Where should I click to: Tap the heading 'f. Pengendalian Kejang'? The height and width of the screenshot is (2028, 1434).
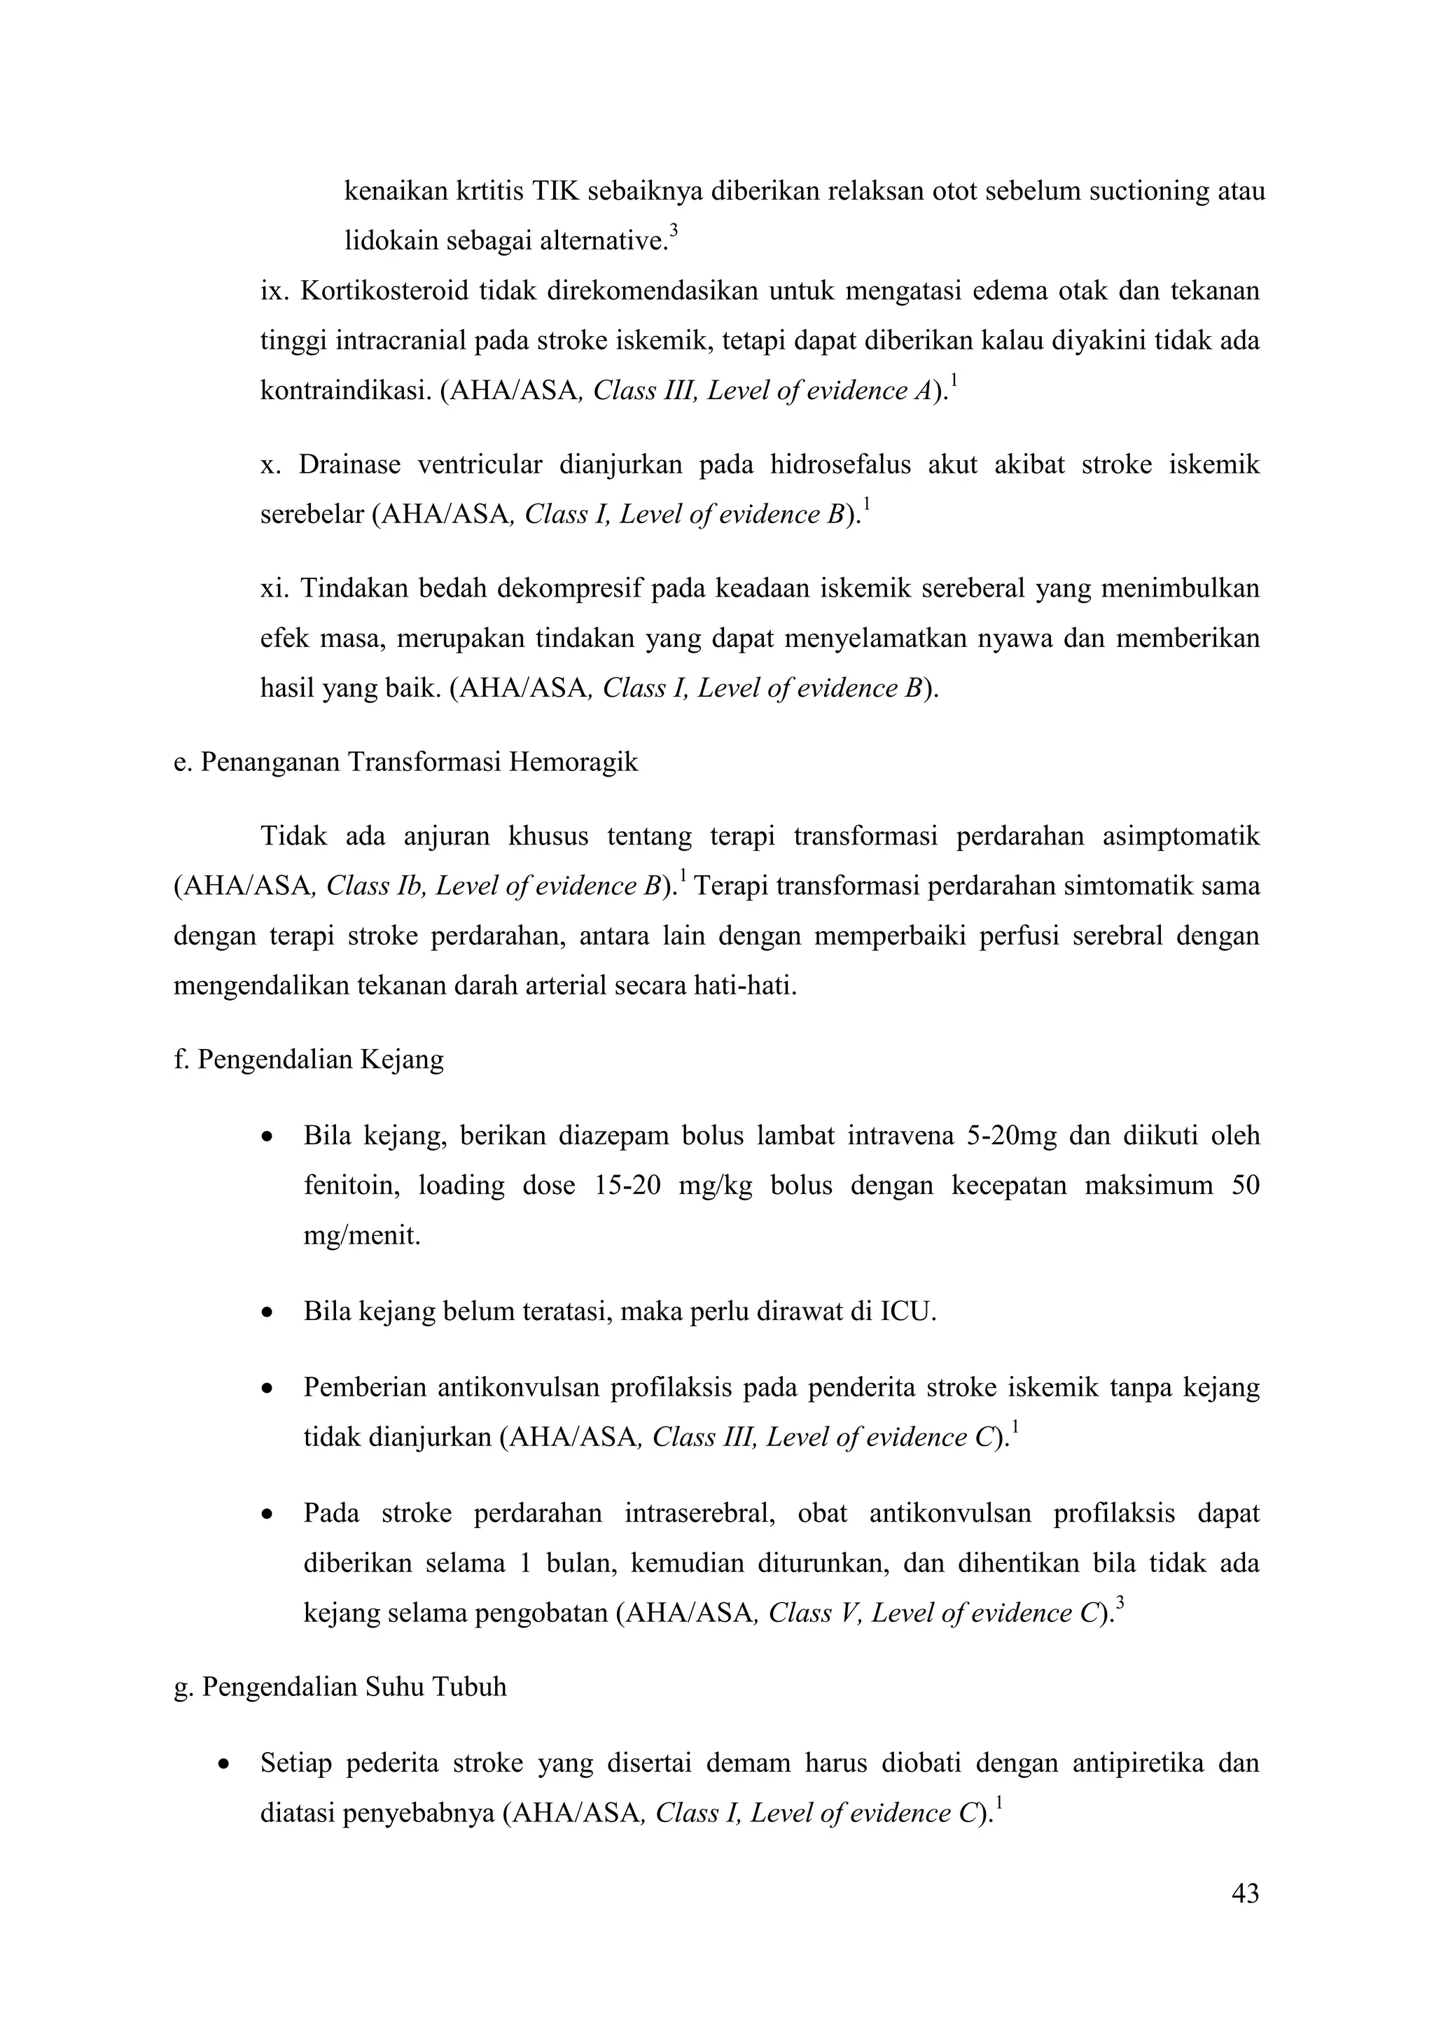click(308, 1059)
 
